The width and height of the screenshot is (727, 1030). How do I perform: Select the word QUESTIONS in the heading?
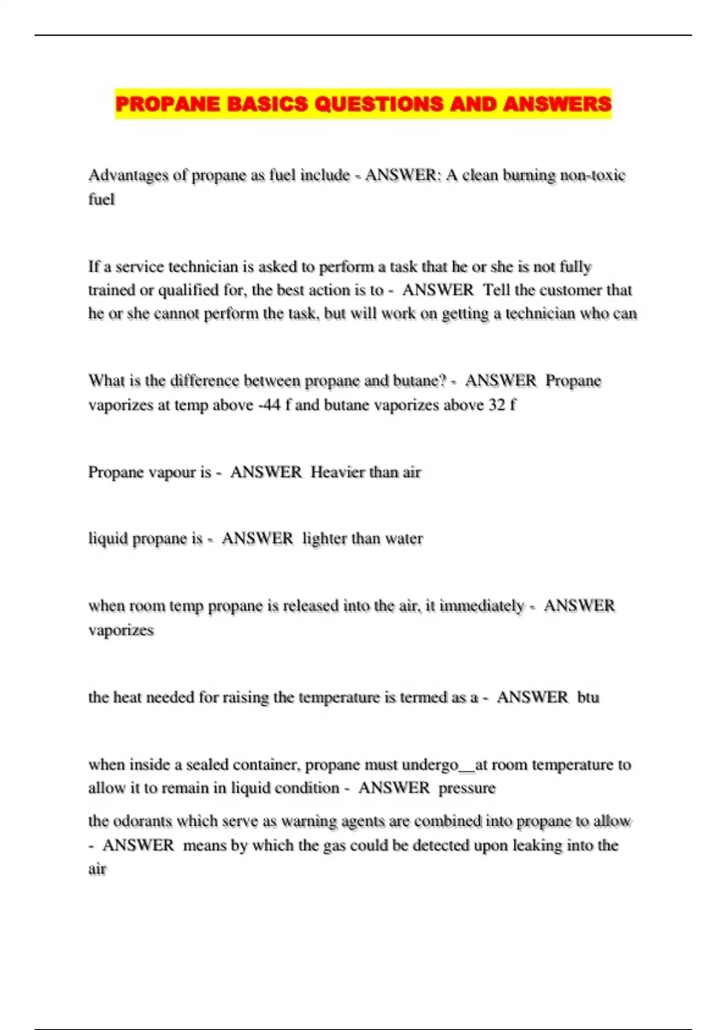pyautogui.click(x=379, y=104)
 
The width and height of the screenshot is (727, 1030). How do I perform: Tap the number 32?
pyautogui.click(x=497, y=405)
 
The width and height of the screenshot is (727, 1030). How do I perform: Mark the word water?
pyautogui.click(x=403, y=539)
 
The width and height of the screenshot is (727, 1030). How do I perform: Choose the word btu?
pyautogui.click(x=588, y=697)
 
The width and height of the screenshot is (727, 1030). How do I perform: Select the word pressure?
pyautogui.click(x=467, y=788)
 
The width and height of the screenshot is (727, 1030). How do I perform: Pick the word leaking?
pyautogui.click(x=537, y=845)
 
